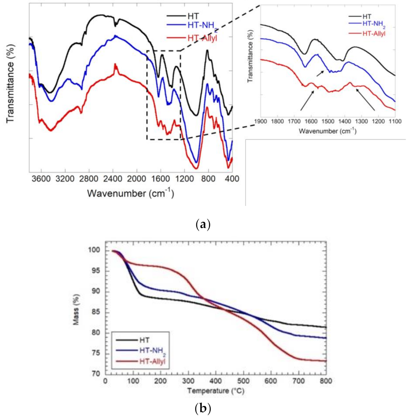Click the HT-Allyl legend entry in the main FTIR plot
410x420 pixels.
coord(203,38)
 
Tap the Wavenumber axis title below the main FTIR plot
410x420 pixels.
coord(130,193)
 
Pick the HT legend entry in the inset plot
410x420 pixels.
coord(366,16)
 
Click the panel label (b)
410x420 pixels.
coord(202,408)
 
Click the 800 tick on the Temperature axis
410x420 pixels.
coord(326,381)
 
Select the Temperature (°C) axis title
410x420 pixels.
coord(216,391)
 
